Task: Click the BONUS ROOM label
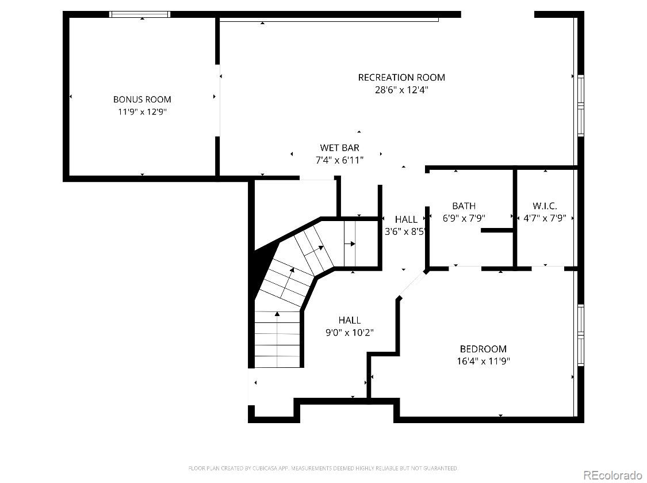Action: pyautogui.click(x=142, y=99)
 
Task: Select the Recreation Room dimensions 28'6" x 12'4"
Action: pyautogui.click(x=401, y=90)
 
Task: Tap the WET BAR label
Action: pyautogui.click(x=339, y=147)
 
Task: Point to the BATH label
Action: pyautogui.click(x=464, y=206)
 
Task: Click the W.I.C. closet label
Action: pyautogui.click(x=545, y=206)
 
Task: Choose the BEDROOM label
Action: pyautogui.click(x=483, y=349)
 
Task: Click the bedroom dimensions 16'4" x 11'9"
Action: pyautogui.click(x=483, y=361)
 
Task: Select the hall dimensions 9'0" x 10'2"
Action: pyautogui.click(x=350, y=332)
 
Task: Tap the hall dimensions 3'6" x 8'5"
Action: pyautogui.click(x=405, y=231)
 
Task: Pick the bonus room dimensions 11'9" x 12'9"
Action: pyautogui.click(x=142, y=112)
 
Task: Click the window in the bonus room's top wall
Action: pyautogui.click(x=140, y=14)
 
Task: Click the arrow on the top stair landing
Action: pyautogui.click(x=350, y=244)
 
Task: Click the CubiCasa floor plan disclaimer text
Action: pyautogui.click(x=323, y=468)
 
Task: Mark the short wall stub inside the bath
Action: pyautogui.click(x=497, y=230)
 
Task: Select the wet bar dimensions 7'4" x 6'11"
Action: pyautogui.click(x=339, y=160)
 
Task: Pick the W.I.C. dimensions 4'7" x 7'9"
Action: pyautogui.click(x=545, y=218)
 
